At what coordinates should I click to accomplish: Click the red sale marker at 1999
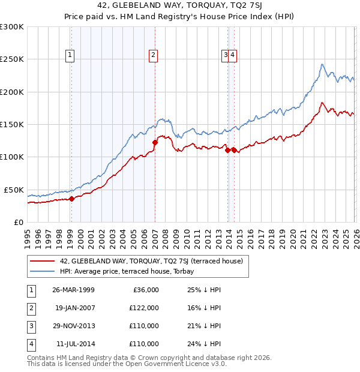pos(71,199)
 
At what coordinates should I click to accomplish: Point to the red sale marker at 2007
pos(155,143)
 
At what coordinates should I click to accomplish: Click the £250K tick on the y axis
pos(12,59)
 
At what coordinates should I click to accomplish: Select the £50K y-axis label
pos(14,190)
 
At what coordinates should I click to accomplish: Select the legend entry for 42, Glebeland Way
pos(151,261)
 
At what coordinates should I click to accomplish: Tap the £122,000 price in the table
pos(145,308)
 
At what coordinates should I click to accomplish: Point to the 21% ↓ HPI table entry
pos(204,326)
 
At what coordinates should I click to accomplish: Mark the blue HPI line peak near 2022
pos(322,64)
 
